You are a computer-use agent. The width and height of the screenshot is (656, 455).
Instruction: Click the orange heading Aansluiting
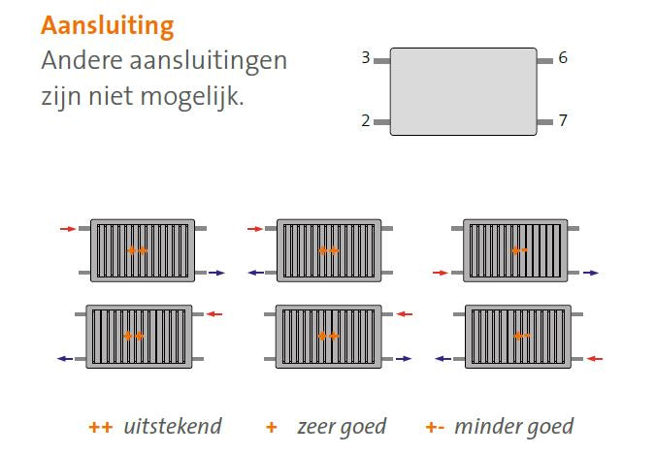point(107,27)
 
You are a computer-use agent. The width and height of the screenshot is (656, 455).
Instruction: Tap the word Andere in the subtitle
point(82,61)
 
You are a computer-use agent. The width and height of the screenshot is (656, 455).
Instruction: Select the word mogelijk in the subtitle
point(191,97)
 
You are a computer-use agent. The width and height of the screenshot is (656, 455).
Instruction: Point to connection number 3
point(366,57)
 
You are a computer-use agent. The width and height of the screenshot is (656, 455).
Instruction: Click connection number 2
point(366,121)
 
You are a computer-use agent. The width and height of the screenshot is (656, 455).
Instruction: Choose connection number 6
point(563,57)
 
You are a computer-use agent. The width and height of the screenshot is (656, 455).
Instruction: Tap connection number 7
point(563,121)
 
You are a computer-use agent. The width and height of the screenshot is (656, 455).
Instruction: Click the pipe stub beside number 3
point(382,61)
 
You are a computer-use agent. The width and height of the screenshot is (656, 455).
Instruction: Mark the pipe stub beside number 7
point(544,122)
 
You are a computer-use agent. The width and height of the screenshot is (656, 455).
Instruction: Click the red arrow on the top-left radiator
point(68,229)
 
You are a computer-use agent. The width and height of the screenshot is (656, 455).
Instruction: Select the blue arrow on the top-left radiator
point(216,273)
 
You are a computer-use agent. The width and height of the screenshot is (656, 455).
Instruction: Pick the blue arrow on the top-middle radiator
point(256,273)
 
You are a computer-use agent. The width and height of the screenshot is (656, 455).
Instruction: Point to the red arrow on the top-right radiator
point(441,273)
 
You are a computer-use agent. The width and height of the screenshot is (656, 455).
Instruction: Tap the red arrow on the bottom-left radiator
point(214,314)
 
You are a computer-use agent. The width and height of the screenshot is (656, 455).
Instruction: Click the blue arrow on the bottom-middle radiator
point(404,359)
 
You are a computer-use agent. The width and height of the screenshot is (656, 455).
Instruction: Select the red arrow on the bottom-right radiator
point(595,359)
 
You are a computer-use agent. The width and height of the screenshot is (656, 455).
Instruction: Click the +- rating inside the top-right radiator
point(520,251)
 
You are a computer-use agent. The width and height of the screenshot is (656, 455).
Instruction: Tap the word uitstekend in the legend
point(173,427)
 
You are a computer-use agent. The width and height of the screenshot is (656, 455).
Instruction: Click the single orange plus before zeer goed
point(272,427)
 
